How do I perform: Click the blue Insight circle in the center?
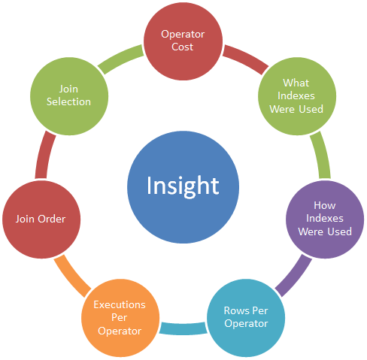[183, 187]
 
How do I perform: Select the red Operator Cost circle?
[183, 41]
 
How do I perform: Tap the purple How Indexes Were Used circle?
[325, 219]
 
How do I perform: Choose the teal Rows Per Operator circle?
[246, 318]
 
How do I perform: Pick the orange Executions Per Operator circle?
[120, 318]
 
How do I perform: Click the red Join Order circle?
[41, 219]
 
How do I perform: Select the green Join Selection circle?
[69, 96]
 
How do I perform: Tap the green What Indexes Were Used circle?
[297, 96]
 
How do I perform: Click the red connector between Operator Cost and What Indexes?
[246, 58]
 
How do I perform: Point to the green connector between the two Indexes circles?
[322, 154]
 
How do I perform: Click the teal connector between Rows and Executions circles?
[183, 328]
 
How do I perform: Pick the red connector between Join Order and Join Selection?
[44, 154]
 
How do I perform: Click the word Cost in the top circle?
[183, 47]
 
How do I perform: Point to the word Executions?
[120, 304]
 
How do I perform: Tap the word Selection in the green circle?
[68, 101]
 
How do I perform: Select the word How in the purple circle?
[325, 205]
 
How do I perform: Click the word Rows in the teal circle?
[236, 310]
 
